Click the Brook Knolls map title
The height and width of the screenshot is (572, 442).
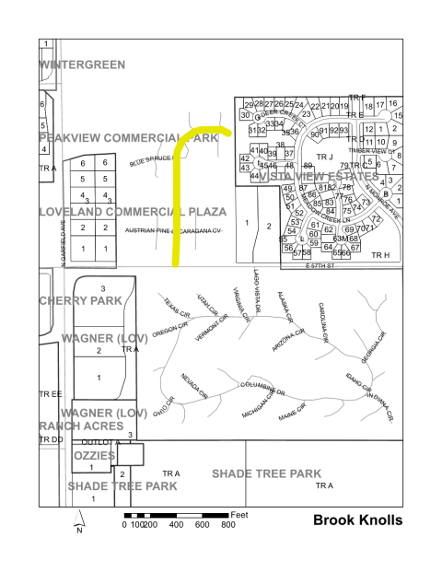pos(357,520)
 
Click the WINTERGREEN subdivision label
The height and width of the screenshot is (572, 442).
pos(82,64)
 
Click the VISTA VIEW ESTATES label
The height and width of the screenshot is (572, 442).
pos(320,175)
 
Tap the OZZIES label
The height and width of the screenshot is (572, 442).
pos(89,456)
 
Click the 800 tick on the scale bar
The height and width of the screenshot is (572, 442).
pos(227,524)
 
